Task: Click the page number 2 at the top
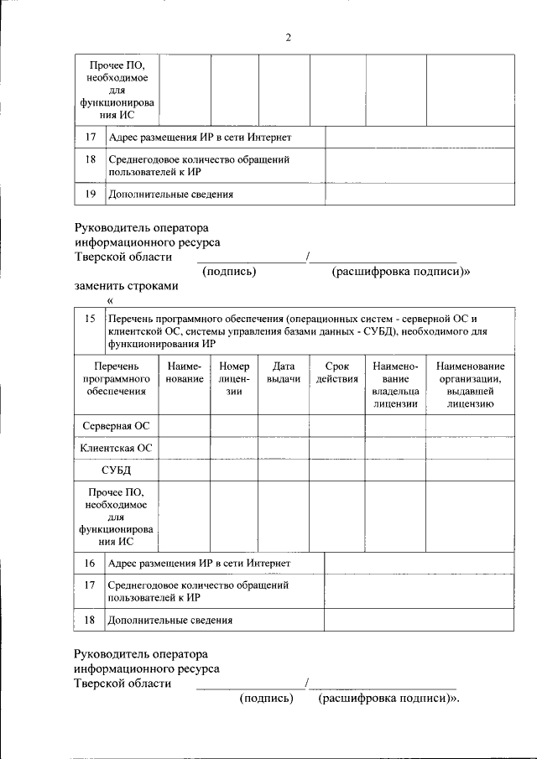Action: [288, 38]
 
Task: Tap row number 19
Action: [90, 194]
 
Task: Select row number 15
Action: [90, 319]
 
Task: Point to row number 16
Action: [90, 563]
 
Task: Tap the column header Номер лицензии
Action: [234, 378]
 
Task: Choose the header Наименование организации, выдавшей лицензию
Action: [469, 384]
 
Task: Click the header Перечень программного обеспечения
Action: [116, 378]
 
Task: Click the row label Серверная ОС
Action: [116, 426]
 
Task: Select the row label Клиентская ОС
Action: [116, 449]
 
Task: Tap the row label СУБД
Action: [116, 470]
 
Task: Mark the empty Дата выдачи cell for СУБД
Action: [283, 470]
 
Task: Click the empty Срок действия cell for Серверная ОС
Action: [336, 426]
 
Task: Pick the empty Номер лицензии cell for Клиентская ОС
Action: [234, 449]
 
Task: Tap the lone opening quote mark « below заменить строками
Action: [110, 301]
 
